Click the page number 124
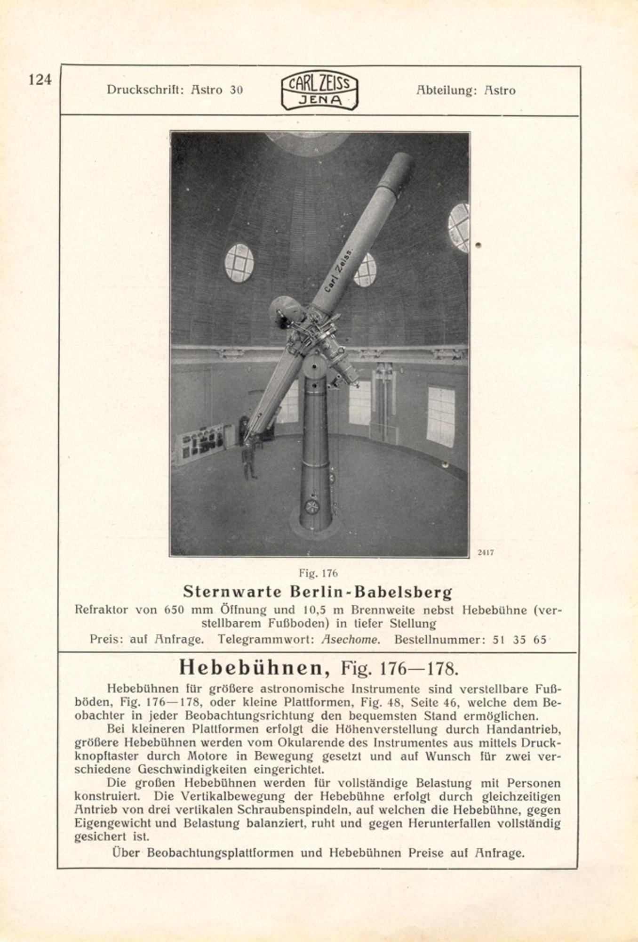(40, 80)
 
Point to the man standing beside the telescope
(249, 462)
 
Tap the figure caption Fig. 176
(319, 573)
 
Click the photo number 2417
(486, 552)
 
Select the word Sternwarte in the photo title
(232, 591)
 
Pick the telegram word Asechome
(351, 640)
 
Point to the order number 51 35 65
(519, 640)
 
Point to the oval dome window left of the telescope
(239, 263)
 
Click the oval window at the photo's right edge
(459, 227)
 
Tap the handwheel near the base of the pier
(311, 506)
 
